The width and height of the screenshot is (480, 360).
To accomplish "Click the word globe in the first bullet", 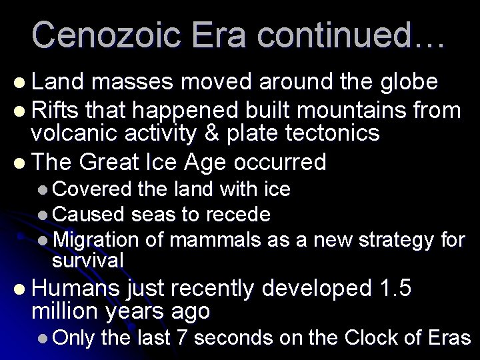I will tap(404, 82).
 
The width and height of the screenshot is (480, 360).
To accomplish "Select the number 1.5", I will tap(393, 289).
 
